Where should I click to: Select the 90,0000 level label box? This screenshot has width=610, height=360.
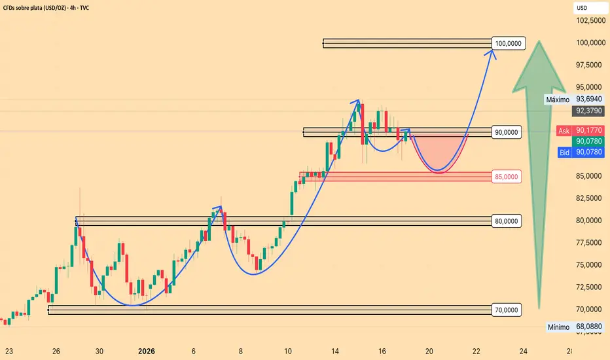coord(507,132)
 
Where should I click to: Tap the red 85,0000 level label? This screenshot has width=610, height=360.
coord(507,177)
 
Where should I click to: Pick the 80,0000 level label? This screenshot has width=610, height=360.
coord(507,221)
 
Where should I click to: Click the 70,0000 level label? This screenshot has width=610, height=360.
coord(507,310)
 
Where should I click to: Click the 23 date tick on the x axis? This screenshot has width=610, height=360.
coord(10,350)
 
